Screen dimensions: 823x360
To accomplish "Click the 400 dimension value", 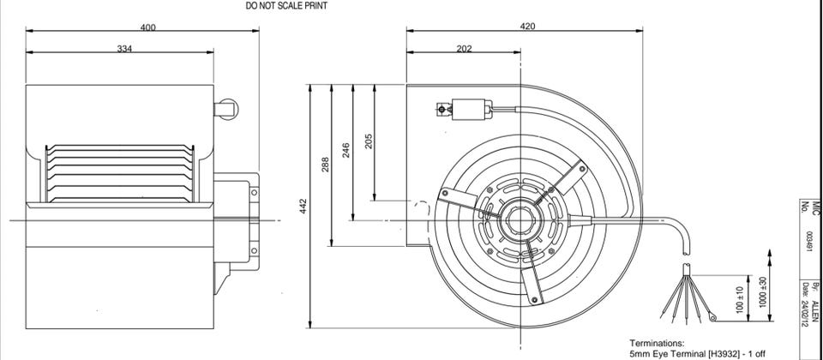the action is (x=148, y=27).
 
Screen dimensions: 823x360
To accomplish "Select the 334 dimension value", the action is (x=124, y=49).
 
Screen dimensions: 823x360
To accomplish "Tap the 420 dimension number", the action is (x=527, y=27).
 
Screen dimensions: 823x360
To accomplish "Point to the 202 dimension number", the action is (x=464, y=49).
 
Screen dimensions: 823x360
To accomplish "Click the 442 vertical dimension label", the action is (x=303, y=206).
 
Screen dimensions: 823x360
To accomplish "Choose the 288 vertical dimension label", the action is (x=325, y=165).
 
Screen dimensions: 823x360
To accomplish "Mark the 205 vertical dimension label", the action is (x=369, y=141).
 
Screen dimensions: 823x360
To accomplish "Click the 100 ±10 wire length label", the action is (x=740, y=300).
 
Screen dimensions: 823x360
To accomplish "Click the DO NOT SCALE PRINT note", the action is (x=286, y=6).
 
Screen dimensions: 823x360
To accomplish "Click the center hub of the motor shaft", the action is (x=520, y=220).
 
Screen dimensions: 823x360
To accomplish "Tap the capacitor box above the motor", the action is (x=472, y=110).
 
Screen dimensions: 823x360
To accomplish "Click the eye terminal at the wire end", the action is (x=712, y=316).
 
